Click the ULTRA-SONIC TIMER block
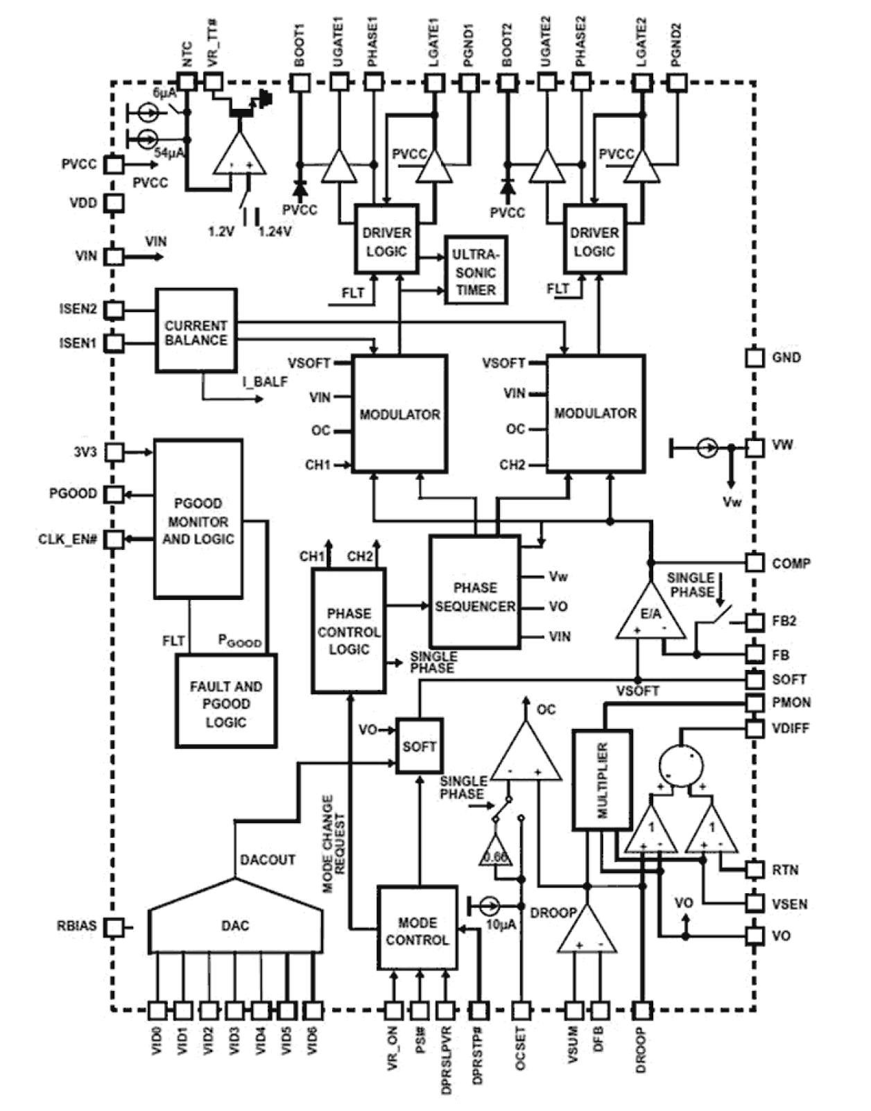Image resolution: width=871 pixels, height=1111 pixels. coord(476,271)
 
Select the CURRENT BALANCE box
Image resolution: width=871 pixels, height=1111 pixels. coord(196,331)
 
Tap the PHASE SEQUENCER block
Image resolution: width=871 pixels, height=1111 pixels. coord(475,592)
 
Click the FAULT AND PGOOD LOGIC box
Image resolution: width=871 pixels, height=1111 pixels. coord(225,700)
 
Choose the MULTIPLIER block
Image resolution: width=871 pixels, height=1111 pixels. coord(602,780)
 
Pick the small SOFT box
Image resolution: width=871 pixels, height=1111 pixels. coord(419,746)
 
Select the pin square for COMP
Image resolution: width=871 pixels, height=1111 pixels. coord(755,562)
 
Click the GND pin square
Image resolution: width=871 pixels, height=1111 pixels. coord(755,357)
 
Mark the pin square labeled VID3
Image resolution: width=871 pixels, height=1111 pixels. coord(234,1010)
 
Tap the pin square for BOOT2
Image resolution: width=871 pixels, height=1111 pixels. coord(507,83)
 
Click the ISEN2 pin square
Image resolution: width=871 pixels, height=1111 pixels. coord(114,309)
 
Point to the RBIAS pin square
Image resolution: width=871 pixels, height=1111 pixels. coord(114,927)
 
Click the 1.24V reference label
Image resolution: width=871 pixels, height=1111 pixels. coord(275,232)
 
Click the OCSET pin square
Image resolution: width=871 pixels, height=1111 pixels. coord(521,1010)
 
